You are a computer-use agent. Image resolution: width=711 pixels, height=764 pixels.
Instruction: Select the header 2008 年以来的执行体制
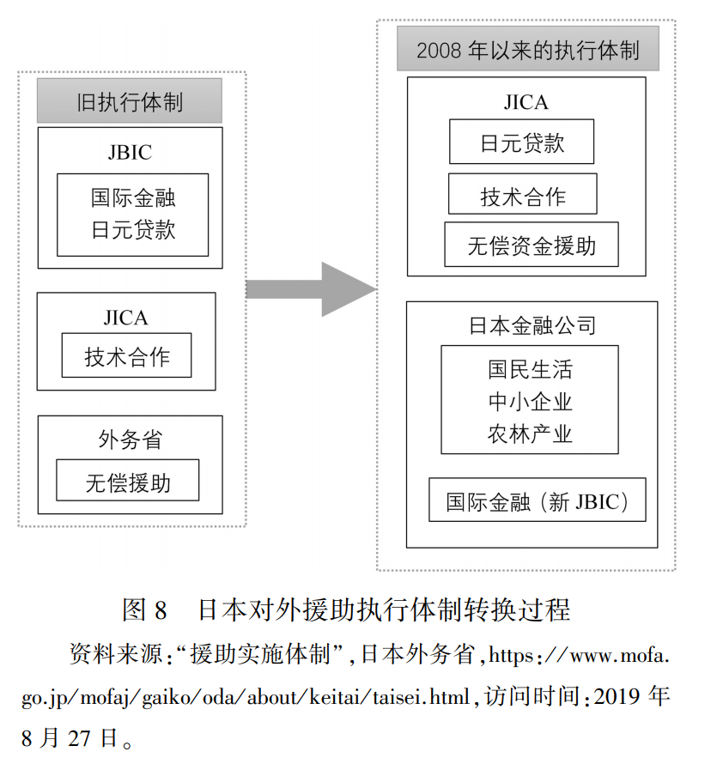(x=527, y=49)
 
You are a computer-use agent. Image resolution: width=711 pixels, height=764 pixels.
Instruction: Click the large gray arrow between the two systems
(x=310, y=290)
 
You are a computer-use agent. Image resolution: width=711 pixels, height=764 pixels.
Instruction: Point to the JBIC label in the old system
(x=130, y=152)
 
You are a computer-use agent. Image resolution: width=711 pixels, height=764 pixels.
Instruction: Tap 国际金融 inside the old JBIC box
(x=133, y=198)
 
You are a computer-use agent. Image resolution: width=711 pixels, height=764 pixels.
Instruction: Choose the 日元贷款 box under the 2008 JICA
(x=521, y=142)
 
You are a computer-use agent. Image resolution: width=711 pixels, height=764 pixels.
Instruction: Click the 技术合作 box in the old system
(x=126, y=356)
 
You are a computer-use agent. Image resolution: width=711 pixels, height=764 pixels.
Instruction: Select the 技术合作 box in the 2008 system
(x=522, y=196)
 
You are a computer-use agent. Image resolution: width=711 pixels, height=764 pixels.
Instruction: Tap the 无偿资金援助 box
(x=531, y=246)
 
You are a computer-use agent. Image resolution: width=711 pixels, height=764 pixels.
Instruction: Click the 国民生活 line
(x=530, y=370)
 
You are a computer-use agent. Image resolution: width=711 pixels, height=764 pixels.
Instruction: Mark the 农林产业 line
(x=530, y=433)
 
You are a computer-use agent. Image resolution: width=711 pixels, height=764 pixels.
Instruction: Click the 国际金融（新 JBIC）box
(x=538, y=501)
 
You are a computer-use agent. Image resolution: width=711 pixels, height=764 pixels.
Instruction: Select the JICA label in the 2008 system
(x=526, y=102)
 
